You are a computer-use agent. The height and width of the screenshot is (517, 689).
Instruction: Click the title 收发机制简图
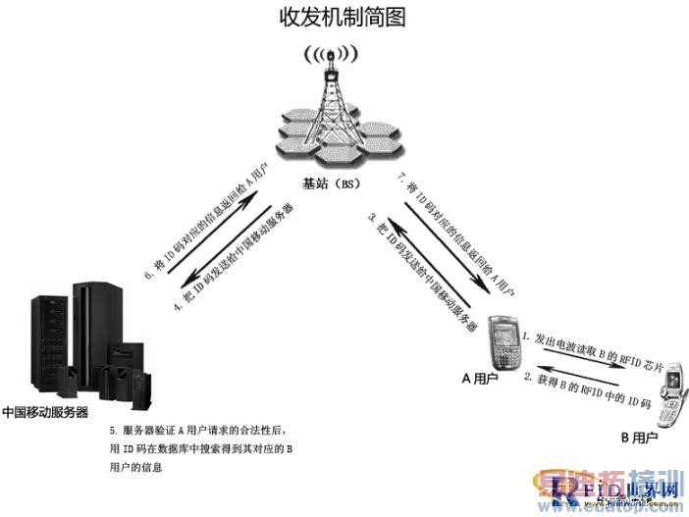click(x=343, y=17)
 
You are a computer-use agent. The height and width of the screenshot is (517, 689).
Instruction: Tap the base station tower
click(x=331, y=108)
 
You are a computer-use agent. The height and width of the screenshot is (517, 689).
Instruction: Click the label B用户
click(x=639, y=437)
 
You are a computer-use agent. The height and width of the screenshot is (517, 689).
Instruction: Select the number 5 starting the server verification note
click(x=113, y=431)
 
